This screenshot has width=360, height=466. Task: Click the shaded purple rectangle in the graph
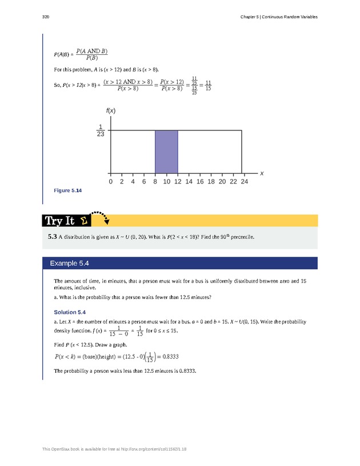point(166,152)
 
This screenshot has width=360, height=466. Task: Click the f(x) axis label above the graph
point(111,110)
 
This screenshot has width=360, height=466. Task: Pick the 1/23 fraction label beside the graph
point(101,130)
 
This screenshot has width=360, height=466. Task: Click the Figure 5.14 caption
point(67,190)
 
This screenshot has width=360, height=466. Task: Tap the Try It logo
point(66,221)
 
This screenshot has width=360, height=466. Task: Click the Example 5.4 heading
point(69,263)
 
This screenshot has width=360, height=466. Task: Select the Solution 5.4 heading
point(70,312)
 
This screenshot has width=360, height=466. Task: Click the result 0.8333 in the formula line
point(167,357)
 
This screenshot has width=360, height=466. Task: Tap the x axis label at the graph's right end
point(262,172)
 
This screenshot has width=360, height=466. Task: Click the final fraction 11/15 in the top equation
point(208,85)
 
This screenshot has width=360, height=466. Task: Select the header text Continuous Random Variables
point(292,17)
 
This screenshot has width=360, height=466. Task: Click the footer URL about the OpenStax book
point(114,449)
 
